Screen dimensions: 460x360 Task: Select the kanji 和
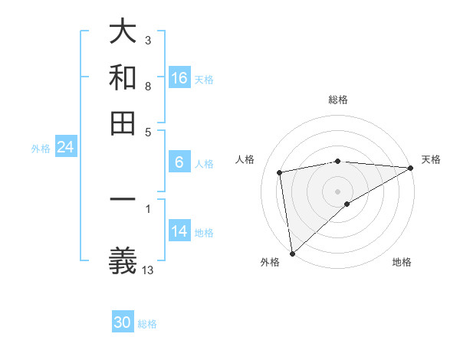(x=123, y=78)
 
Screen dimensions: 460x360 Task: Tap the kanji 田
(x=123, y=123)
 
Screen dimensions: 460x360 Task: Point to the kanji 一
(x=123, y=201)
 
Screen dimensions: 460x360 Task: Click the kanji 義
(x=123, y=260)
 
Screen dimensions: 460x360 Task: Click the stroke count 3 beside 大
(x=148, y=39)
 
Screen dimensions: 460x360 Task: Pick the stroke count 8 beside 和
(x=148, y=87)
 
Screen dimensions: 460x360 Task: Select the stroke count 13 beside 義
(x=148, y=269)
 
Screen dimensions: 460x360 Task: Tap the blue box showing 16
(x=179, y=78)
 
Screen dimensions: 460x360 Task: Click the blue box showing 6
(x=179, y=162)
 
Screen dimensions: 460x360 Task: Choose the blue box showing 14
(x=179, y=231)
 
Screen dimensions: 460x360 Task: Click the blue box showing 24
(x=65, y=147)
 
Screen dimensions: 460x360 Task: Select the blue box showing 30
(x=123, y=322)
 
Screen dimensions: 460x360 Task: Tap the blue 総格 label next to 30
(x=147, y=324)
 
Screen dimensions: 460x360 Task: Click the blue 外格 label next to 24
(x=41, y=149)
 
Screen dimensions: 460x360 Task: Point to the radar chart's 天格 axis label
(x=431, y=159)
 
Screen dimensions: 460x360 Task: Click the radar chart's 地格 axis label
(x=402, y=263)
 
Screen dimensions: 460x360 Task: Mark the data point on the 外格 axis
(x=292, y=254)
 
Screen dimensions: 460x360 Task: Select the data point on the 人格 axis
(x=280, y=172)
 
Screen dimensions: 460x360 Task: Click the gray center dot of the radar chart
(x=337, y=191)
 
